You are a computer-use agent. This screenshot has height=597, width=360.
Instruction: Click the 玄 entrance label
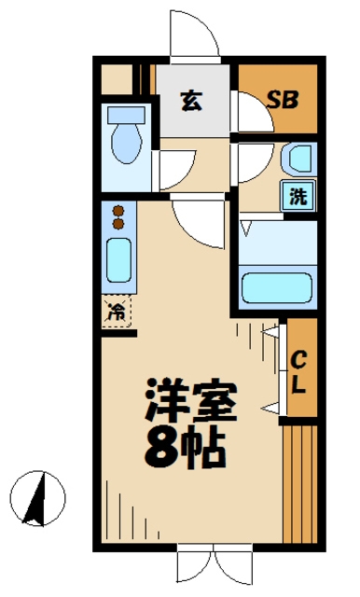(190, 100)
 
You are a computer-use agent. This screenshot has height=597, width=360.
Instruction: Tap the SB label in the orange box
(282, 100)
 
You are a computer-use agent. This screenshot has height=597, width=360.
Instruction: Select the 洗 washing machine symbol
(298, 197)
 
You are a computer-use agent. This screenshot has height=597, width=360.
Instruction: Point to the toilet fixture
(125, 144)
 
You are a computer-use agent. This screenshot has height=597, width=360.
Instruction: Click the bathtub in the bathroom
(276, 285)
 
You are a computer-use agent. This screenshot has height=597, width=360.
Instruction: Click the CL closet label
(299, 370)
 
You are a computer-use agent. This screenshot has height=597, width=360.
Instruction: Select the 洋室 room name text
(191, 401)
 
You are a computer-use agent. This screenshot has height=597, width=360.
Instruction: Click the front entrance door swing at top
(194, 36)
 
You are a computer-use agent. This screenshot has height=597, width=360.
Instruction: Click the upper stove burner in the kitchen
(118, 211)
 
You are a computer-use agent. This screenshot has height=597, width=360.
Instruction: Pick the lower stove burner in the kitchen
(118, 224)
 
